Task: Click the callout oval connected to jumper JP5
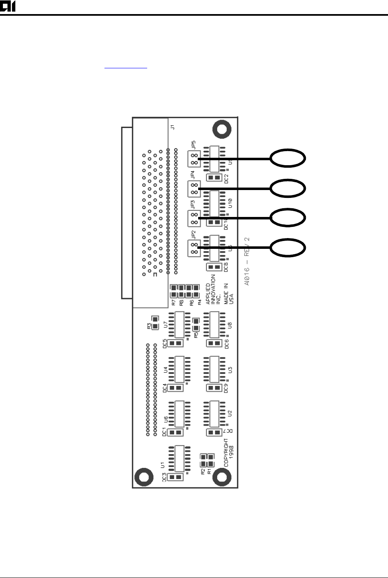pyautogui.click(x=289, y=159)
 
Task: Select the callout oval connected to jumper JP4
pyautogui.click(x=289, y=188)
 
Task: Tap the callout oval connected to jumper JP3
pyautogui.click(x=289, y=218)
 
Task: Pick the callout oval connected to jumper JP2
pyautogui.click(x=289, y=248)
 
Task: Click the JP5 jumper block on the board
pyautogui.click(x=194, y=159)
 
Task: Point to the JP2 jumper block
pyautogui.click(x=194, y=248)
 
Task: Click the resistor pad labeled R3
pyautogui.click(x=155, y=323)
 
